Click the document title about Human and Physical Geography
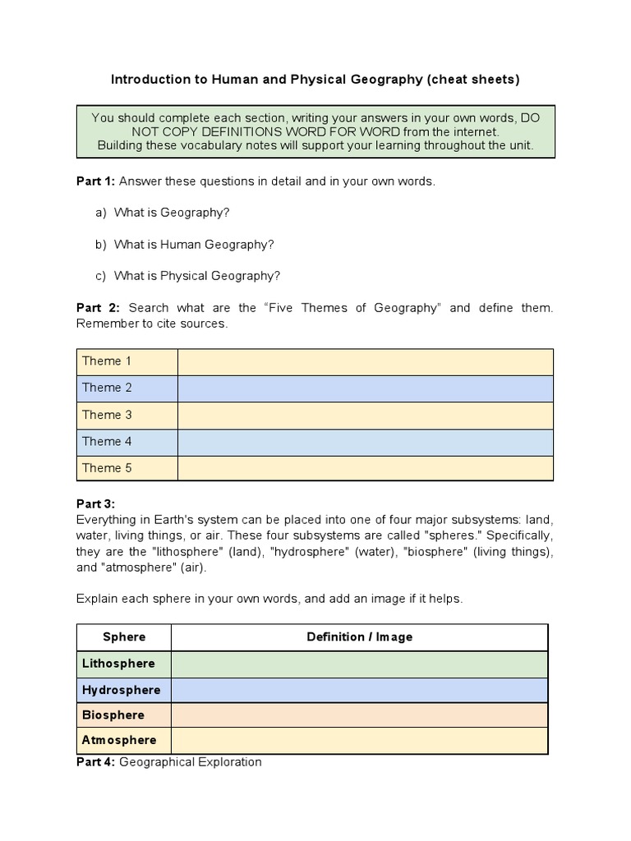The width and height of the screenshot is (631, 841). pyautogui.click(x=315, y=80)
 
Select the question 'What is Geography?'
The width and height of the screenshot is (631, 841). pyautogui.click(x=172, y=213)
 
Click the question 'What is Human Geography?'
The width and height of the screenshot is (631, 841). pyautogui.click(x=194, y=245)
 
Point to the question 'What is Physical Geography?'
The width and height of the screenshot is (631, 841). pyautogui.click(x=197, y=276)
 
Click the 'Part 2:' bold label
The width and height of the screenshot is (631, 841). pyautogui.click(x=98, y=308)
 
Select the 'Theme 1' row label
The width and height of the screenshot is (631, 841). pyautogui.click(x=107, y=361)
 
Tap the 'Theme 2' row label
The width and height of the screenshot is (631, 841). pyautogui.click(x=107, y=388)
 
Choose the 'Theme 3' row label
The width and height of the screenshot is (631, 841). pyautogui.click(x=107, y=415)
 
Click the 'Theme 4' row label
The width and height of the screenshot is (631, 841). pyautogui.click(x=107, y=442)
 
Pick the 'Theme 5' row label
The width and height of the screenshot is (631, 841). pyautogui.click(x=107, y=468)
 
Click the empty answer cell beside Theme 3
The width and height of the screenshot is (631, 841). pyautogui.click(x=366, y=415)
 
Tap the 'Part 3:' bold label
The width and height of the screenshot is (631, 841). pyautogui.click(x=96, y=503)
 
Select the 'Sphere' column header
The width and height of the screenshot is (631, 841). pyautogui.click(x=124, y=637)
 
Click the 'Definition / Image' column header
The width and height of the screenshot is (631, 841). pyautogui.click(x=359, y=637)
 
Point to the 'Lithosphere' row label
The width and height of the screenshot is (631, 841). pyautogui.click(x=118, y=664)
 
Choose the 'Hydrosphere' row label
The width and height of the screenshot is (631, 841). pyautogui.click(x=121, y=690)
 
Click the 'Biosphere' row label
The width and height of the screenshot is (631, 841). pyautogui.click(x=113, y=715)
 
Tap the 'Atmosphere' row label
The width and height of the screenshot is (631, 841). pyautogui.click(x=119, y=740)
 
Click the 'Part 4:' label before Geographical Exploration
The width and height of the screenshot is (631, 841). pyautogui.click(x=96, y=762)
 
